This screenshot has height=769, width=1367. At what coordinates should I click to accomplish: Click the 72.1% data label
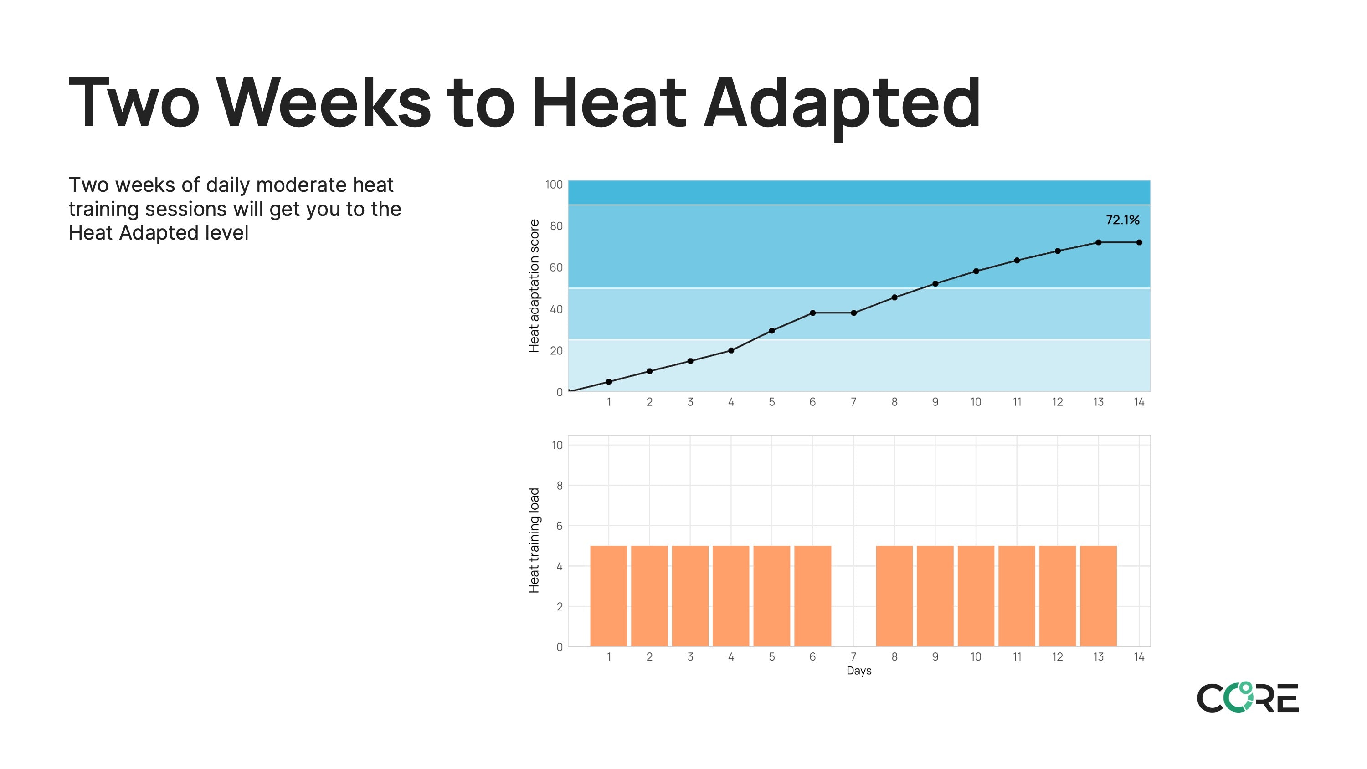pos(1122,220)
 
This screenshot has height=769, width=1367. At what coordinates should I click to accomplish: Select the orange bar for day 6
pos(812,595)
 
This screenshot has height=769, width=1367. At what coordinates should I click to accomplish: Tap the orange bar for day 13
pos(1098,595)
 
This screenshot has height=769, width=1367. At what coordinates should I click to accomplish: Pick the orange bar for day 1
pos(608,595)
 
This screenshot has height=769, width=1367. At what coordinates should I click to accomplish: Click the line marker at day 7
pos(853,313)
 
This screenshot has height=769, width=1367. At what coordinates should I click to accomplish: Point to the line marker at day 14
pos(1139,242)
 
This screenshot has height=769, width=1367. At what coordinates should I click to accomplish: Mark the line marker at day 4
pos(731,350)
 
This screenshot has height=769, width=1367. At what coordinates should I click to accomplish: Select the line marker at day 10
pos(976,271)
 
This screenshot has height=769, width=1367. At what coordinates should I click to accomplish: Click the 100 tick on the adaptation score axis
pos(554,185)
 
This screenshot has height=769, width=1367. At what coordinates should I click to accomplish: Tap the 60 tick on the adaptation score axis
pos(555,267)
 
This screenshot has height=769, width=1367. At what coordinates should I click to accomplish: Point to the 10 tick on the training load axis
pos(557,445)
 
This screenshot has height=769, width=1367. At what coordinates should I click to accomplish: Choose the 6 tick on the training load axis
pos(559,526)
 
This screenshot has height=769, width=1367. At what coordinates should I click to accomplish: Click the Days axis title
pos(858,671)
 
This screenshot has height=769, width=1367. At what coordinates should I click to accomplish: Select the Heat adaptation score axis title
pos(534,286)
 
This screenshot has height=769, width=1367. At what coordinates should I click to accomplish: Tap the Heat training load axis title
pos(534,540)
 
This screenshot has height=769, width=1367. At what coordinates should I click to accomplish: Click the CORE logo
pos(1247,697)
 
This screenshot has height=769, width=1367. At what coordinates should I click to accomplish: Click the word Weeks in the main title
pos(325,103)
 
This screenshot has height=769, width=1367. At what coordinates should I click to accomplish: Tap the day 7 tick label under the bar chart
pos(853,657)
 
